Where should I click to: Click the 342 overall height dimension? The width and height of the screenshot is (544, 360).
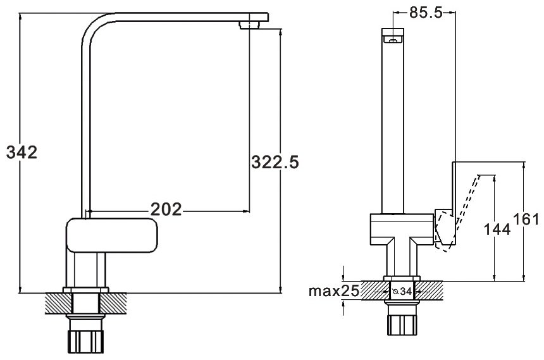(x=22, y=152)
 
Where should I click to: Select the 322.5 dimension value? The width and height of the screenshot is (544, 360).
(x=275, y=162)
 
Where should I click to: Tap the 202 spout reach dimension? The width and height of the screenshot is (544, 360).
(x=166, y=209)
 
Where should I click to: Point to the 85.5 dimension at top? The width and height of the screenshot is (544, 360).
(x=426, y=13)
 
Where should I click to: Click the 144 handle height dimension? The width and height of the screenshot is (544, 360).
(x=497, y=229)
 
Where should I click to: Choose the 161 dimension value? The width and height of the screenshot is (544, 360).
(x=526, y=220)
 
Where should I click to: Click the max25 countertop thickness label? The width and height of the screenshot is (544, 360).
(x=334, y=291)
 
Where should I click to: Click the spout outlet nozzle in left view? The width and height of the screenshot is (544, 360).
(x=249, y=25)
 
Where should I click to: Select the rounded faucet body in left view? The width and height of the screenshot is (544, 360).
(x=112, y=235)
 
